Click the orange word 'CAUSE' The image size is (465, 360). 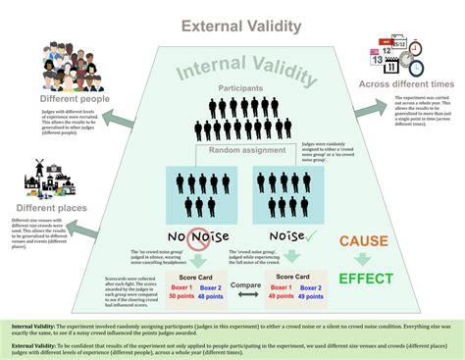click(x=365, y=241)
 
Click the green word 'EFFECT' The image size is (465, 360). click(x=365, y=279)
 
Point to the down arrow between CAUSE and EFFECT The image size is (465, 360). click(x=363, y=259)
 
